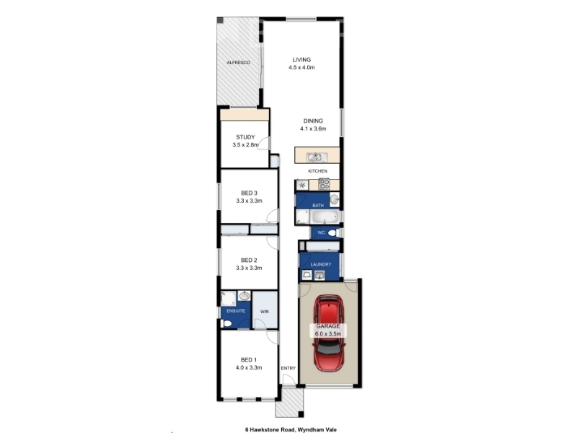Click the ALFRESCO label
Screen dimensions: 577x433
click(x=239, y=63)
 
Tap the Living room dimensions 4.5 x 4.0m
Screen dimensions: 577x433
click(x=301, y=67)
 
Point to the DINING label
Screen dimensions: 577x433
click(x=313, y=121)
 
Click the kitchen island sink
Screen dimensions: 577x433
click(x=315, y=157)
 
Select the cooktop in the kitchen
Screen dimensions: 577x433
click(x=324, y=184)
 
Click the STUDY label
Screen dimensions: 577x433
click(x=245, y=137)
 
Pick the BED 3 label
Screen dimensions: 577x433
click(x=249, y=193)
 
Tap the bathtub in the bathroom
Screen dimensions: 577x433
click(x=324, y=217)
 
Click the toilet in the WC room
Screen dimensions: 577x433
click(x=333, y=232)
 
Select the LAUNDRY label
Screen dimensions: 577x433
click(x=321, y=264)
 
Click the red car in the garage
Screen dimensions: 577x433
click(x=329, y=333)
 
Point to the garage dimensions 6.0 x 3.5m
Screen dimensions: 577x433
click(x=328, y=334)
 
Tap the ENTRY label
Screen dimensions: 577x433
click(x=288, y=368)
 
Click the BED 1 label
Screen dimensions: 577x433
click(x=249, y=359)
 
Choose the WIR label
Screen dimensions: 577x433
click(x=265, y=312)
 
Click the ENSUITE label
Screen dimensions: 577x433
click(x=236, y=311)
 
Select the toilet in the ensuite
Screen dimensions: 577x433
click(x=226, y=323)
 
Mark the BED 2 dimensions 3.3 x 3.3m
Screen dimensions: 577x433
click(x=249, y=268)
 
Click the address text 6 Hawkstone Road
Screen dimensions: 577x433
click(x=270, y=429)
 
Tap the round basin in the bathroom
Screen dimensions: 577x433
click(x=334, y=199)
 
